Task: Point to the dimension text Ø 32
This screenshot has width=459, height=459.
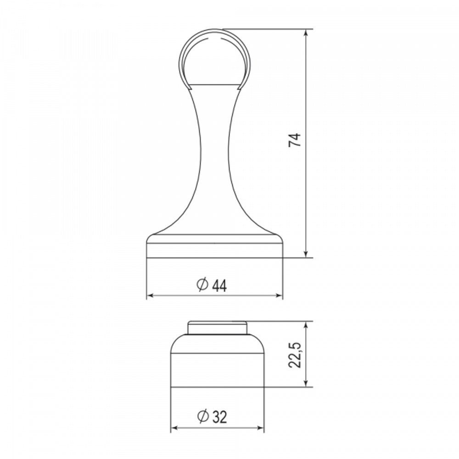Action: tap(212, 417)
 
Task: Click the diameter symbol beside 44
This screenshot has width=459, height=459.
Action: tap(202, 285)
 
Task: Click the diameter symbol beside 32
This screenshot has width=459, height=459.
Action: tap(202, 417)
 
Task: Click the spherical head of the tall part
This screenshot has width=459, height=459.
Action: tap(215, 57)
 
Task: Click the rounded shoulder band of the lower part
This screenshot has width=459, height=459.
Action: tap(218, 344)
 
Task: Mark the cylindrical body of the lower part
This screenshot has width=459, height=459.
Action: tap(218, 370)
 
